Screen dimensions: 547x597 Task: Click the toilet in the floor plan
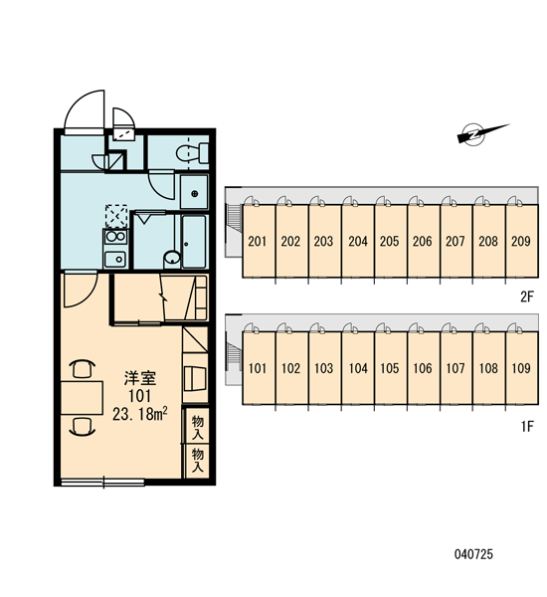pos(193,153)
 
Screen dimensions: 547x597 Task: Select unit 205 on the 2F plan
pos(391,241)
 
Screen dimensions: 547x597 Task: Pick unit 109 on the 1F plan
pos(522,368)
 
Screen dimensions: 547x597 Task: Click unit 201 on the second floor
pos(259,241)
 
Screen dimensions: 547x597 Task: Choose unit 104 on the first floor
pos(358,368)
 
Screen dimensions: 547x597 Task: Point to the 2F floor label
pos(527,297)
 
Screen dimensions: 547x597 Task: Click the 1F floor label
pos(527,427)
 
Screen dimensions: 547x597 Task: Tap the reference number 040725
pos(473,554)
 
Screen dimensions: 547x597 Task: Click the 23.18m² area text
pos(140,414)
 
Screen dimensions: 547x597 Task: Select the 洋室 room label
pos(140,378)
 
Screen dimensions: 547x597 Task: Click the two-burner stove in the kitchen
pos(115,237)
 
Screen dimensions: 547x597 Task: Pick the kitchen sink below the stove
pos(115,260)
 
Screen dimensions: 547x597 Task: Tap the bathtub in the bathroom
pos(194,241)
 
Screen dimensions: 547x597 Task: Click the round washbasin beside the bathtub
pos(172,259)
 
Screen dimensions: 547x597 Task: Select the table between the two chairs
pos(82,397)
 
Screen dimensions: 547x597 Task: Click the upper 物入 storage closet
pos(197,426)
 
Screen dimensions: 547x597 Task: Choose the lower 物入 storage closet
pos(197,461)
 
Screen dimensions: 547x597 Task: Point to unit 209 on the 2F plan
pos(522,241)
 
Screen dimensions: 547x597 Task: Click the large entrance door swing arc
pos(77,101)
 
